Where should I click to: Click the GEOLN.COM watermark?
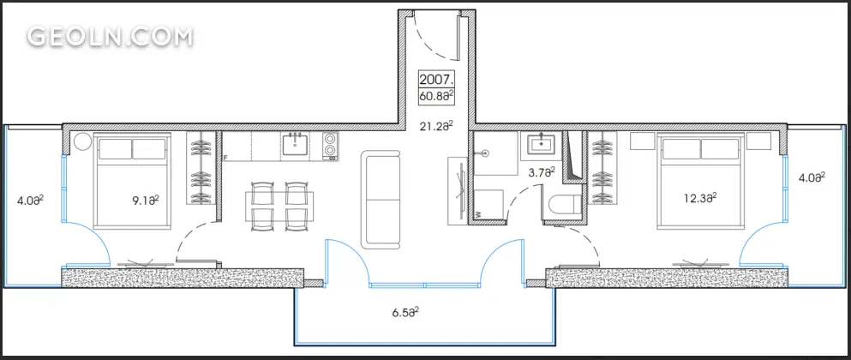coord(110,36)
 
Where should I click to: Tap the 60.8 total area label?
coord(436,97)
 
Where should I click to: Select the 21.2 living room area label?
coord(436,127)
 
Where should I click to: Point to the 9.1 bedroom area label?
coord(146,201)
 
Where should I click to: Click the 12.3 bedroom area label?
coord(700,198)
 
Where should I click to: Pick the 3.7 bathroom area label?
coord(542,172)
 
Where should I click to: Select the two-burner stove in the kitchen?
coord(330,145)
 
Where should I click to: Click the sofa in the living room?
coord(382,200)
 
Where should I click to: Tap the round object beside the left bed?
coord(82,142)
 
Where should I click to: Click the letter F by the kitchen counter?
coord(225,158)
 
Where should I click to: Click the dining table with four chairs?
coord(279,206)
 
